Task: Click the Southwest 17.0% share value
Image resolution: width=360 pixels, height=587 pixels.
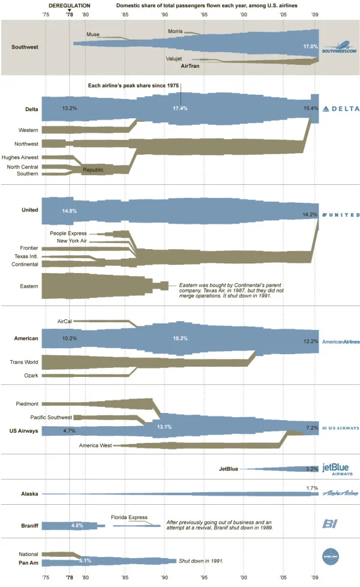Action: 310,46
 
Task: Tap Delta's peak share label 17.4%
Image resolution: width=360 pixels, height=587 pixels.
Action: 180,108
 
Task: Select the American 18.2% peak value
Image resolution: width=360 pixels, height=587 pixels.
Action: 180,339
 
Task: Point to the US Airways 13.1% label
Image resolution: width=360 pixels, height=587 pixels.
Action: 164,426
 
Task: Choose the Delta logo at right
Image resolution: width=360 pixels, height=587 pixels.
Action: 341,109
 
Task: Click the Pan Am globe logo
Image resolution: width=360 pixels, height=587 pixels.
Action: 331,556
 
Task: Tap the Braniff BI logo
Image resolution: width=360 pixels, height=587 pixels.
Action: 332,524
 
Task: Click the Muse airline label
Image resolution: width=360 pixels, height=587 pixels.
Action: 93,35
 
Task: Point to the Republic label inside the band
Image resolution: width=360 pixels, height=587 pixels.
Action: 93,170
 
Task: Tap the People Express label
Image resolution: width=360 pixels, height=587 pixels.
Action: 68,233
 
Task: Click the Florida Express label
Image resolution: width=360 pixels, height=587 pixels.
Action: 129,517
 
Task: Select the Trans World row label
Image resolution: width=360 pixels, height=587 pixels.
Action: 24,362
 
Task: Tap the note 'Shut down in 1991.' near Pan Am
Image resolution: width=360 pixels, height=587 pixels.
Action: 201,561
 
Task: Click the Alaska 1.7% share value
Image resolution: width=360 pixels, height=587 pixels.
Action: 312,488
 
